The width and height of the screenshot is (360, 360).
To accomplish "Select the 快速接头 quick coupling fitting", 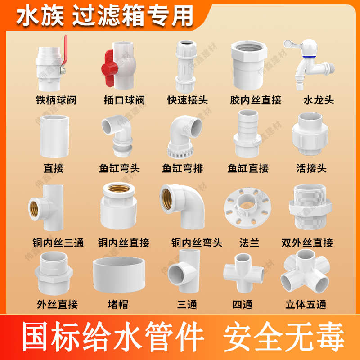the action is [x=186, y=67].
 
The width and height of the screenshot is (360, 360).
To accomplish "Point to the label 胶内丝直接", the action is [x=256, y=100].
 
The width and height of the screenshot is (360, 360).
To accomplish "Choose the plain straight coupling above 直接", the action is [x=54, y=136].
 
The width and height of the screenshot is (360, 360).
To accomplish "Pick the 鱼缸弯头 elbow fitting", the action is [x=117, y=136].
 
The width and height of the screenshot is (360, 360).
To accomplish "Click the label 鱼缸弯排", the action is [x=183, y=168].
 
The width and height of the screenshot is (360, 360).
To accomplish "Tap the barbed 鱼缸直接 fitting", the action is [x=247, y=134].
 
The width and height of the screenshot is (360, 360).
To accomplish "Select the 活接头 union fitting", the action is [x=310, y=134].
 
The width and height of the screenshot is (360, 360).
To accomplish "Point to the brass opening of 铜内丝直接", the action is [x=119, y=189].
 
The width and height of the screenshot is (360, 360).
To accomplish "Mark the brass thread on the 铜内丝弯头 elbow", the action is [x=167, y=199].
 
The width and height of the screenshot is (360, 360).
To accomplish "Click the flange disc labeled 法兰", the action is [x=247, y=208].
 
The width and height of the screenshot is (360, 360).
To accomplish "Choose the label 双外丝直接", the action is [x=307, y=243].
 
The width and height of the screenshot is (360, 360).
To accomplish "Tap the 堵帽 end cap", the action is [x=119, y=275].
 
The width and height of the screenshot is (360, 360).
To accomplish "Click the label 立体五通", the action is [x=306, y=305].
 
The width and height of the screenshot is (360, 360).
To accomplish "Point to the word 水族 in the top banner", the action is [x=40, y=16].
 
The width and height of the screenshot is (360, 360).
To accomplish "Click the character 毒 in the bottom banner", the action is [x=329, y=337].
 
